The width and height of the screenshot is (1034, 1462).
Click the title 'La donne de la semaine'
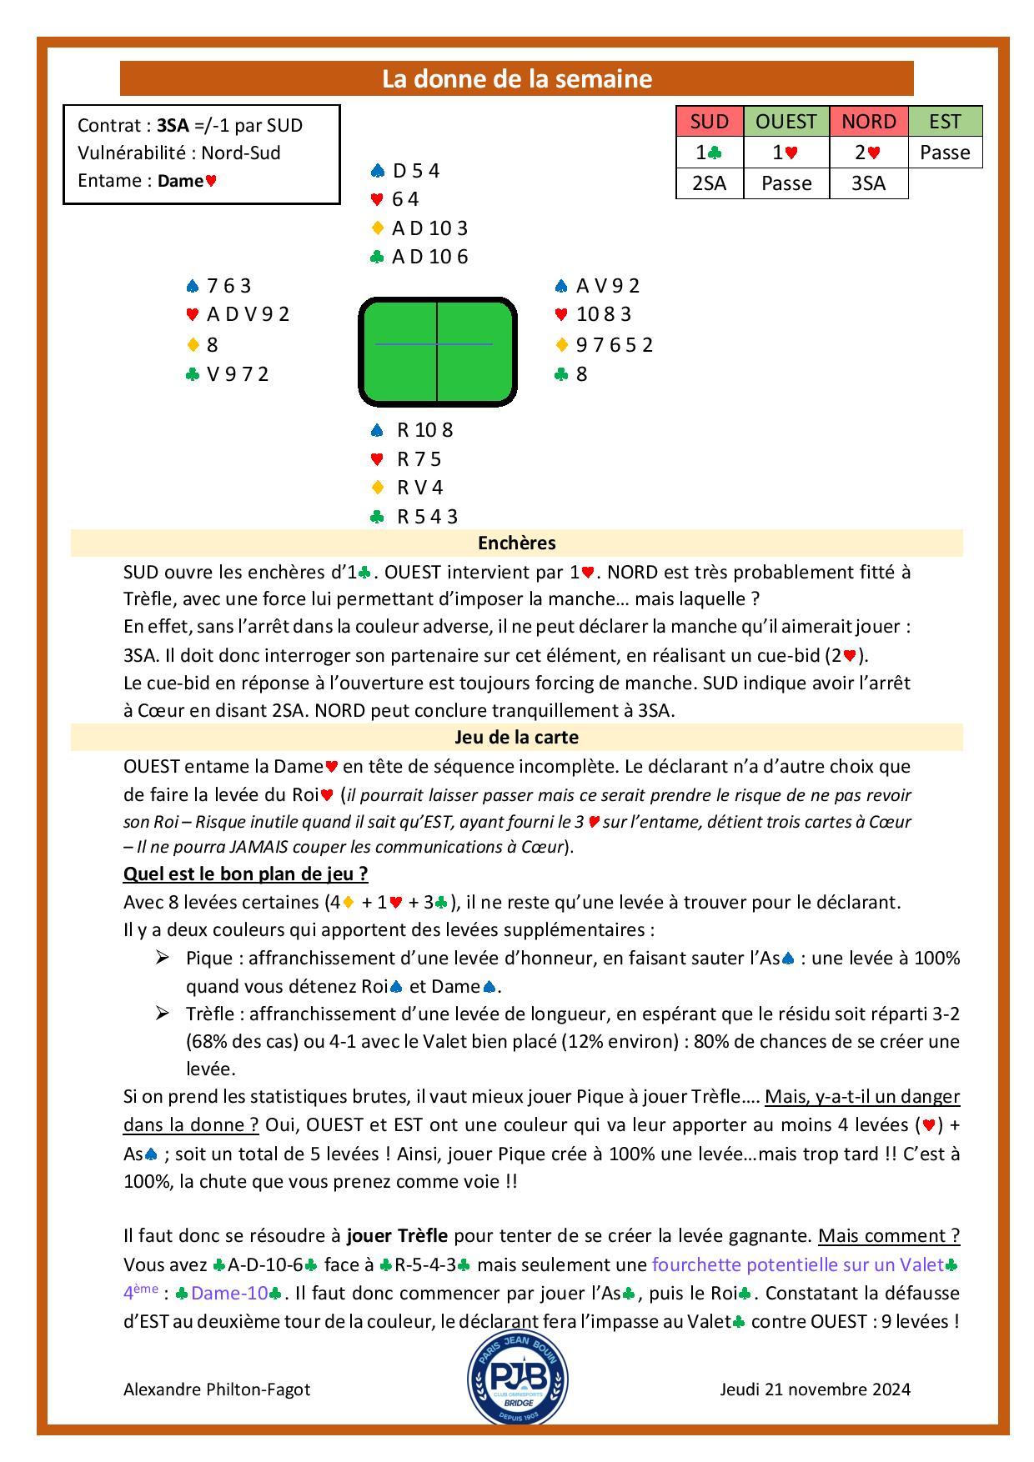point(516,78)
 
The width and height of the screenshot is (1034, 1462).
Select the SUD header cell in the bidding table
point(710,122)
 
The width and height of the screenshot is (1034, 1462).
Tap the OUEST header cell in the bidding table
point(786,122)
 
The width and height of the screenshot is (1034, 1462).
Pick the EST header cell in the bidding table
point(945,122)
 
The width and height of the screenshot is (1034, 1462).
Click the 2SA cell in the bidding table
point(710,183)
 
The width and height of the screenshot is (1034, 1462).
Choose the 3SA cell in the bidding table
point(868,183)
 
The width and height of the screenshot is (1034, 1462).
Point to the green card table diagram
point(438,352)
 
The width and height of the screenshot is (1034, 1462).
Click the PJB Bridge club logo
point(517,1376)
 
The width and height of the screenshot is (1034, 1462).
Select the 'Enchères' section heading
point(516,543)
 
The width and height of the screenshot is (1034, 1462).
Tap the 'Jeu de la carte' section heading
point(516,737)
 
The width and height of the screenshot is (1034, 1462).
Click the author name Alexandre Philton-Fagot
point(217,1389)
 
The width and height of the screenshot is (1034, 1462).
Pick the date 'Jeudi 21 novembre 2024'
point(815,1389)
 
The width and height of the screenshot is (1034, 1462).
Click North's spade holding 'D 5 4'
point(415,171)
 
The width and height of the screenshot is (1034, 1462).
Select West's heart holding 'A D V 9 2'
point(248,314)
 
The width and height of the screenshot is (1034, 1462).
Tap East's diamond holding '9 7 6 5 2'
point(614,344)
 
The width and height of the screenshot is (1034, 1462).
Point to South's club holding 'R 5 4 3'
point(427,516)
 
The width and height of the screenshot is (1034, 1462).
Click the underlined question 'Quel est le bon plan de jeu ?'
point(245,874)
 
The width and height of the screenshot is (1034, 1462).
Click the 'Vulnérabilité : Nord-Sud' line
point(178,153)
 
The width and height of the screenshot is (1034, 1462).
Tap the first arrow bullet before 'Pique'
point(162,957)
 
